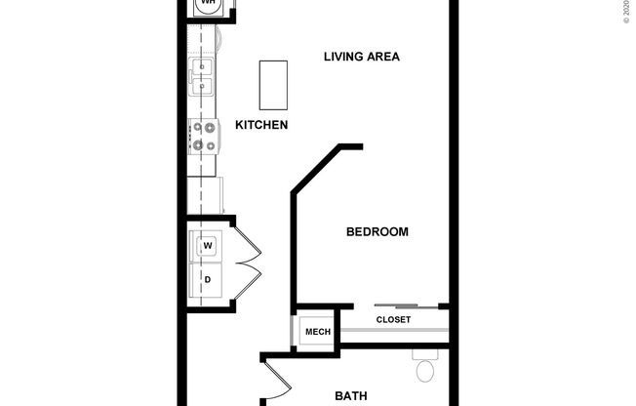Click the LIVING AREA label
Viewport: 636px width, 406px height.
(362, 57)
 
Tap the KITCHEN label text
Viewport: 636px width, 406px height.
(261, 125)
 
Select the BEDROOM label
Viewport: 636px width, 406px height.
(377, 232)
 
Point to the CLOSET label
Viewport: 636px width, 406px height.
(393, 320)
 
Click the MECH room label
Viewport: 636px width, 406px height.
(317, 333)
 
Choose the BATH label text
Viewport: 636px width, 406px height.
(350, 396)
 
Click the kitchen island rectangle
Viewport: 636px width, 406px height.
(272, 85)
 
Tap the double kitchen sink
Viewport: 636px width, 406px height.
(203, 78)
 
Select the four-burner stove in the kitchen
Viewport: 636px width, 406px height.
(204, 137)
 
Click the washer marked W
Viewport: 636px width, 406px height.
(208, 246)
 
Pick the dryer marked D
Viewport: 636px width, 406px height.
(208, 279)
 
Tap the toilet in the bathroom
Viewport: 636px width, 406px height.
(425, 369)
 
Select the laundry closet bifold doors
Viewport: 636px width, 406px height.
(247, 263)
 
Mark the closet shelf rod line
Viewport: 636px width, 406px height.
(393, 331)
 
